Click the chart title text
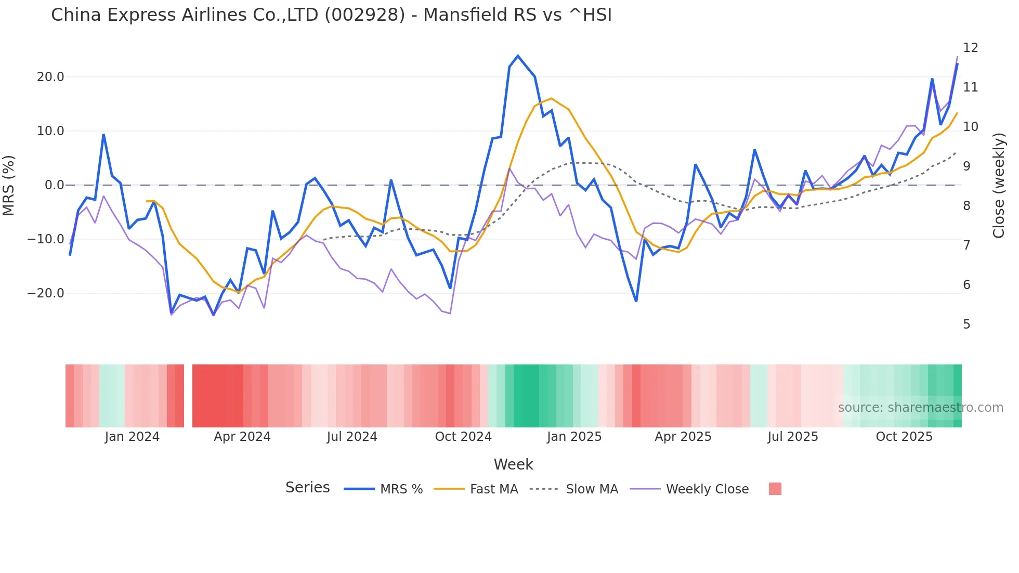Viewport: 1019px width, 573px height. [331, 15]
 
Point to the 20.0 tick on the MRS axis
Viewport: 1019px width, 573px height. [50, 77]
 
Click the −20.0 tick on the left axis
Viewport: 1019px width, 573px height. [46, 293]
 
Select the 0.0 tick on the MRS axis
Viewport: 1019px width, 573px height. [54, 185]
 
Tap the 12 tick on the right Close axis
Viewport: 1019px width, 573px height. [970, 48]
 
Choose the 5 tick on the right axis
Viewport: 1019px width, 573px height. [966, 324]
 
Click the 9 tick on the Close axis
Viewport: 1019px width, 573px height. [966, 166]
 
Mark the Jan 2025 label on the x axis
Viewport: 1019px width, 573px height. [574, 437]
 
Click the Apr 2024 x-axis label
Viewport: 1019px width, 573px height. [242, 437]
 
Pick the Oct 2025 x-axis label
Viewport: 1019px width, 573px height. [904, 437]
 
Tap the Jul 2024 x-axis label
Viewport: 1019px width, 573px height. [352, 437]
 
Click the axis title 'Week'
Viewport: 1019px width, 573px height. [513, 464]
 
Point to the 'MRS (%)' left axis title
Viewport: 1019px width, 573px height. [9, 185]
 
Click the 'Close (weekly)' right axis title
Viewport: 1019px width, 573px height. [999, 185]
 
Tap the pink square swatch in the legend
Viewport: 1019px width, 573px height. [775, 489]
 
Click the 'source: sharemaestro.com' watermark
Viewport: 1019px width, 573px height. [920, 408]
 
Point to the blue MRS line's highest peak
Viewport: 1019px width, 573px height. [518, 56]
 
